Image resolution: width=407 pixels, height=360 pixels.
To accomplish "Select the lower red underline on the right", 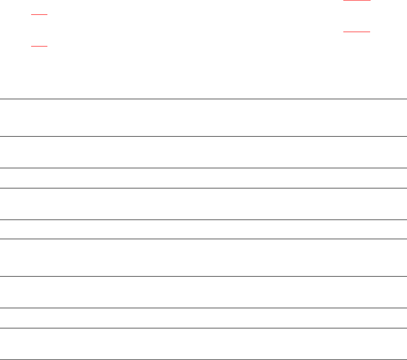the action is pyautogui.click(x=357, y=32).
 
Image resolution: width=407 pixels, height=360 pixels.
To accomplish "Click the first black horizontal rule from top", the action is pyautogui.click(x=203, y=99).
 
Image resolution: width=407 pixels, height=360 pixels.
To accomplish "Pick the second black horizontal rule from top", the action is pyautogui.click(x=203, y=137).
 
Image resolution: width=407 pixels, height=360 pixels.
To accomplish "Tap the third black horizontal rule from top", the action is pyautogui.click(x=203, y=168).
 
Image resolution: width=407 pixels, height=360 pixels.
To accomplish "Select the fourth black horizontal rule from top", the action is pyautogui.click(x=203, y=188).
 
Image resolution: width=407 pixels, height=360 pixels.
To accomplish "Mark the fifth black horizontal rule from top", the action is pyautogui.click(x=203, y=220).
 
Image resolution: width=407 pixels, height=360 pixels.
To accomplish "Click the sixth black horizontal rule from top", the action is pyautogui.click(x=203, y=239).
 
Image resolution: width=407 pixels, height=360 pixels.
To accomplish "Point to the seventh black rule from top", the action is pyautogui.click(x=203, y=276).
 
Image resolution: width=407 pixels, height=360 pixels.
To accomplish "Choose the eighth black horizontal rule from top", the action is pyautogui.click(x=203, y=308).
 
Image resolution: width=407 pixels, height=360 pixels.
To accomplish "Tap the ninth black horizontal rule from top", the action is pyautogui.click(x=203, y=328).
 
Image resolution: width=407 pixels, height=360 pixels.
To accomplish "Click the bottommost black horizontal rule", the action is pyautogui.click(x=203, y=359).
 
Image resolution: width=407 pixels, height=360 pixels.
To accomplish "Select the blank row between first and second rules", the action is pyautogui.click(x=203, y=118).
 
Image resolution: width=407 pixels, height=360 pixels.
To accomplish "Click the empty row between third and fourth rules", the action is pyautogui.click(x=203, y=178).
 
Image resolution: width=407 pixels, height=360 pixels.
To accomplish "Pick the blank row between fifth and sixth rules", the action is pyautogui.click(x=203, y=229).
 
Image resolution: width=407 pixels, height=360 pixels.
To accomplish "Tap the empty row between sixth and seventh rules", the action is pyautogui.click(x=203, y=257).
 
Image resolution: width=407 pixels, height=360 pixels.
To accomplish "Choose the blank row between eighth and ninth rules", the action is pyautogui.click(x=203, y=318).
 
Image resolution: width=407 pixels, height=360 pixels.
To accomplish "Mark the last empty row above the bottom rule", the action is pyautogui.click(x=203, y=344).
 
